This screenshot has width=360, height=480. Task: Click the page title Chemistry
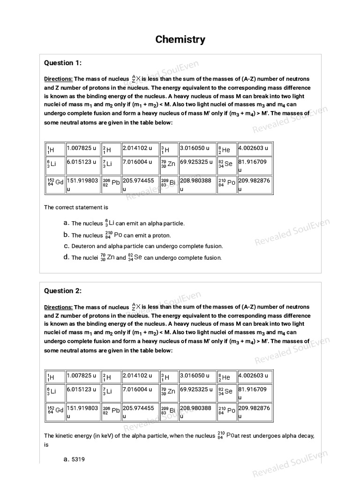click(180, 39)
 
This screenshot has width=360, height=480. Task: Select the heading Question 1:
click(62, 63)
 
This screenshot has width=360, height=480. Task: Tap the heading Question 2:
click(62, 291)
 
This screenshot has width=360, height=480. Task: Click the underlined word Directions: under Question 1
click(59, 79)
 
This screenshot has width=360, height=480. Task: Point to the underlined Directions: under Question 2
click(59, 307)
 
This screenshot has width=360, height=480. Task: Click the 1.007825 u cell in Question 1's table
click(83, 149)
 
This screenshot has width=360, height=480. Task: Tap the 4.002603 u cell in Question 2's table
click(255, 376)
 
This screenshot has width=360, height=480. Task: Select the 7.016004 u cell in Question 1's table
click(139, 162)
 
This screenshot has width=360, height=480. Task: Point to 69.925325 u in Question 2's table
click(197, 390)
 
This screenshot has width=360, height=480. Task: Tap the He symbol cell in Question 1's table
click(226, 150)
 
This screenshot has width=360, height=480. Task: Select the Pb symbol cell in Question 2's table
click(111, 410)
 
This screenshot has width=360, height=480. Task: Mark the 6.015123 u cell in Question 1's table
click(83, 162)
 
